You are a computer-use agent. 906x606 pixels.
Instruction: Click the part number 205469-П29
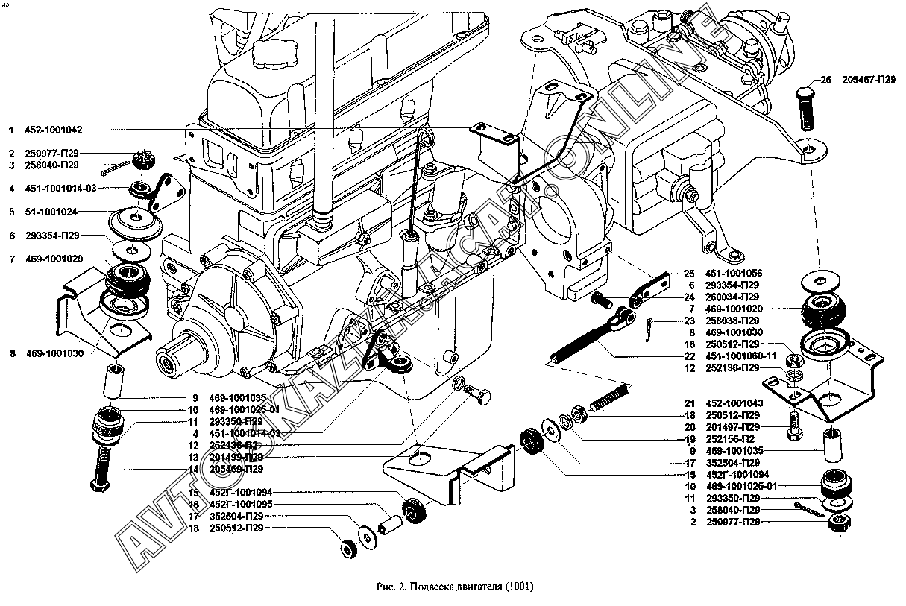coord(237,469)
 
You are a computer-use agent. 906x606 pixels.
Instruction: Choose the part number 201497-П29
coord(735,427)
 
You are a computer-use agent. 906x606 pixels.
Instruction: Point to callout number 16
coord(193,504)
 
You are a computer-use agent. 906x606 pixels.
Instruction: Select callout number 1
coord(12,130)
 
